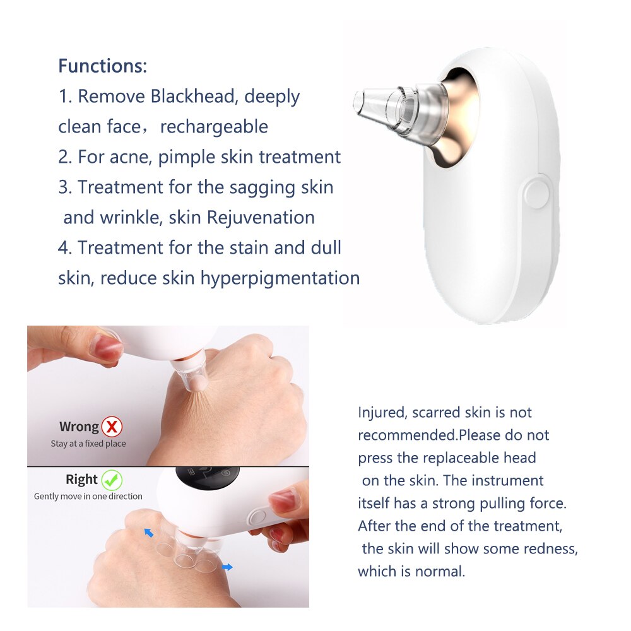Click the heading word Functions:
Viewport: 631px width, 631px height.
coord(102,66)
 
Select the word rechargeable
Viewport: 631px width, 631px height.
coord(214,127)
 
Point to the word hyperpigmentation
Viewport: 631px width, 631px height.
coord(280,278)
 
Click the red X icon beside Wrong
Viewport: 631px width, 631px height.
coord(112,427)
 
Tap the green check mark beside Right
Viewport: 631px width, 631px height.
coord(112,480)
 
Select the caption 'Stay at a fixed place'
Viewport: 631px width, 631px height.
coord(88,444)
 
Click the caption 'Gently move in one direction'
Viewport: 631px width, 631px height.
coord(88,497)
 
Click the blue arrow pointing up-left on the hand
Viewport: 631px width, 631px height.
coord(148,533)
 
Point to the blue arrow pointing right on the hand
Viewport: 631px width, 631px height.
coord(227,567)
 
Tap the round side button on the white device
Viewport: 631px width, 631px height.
coord(536,192)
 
